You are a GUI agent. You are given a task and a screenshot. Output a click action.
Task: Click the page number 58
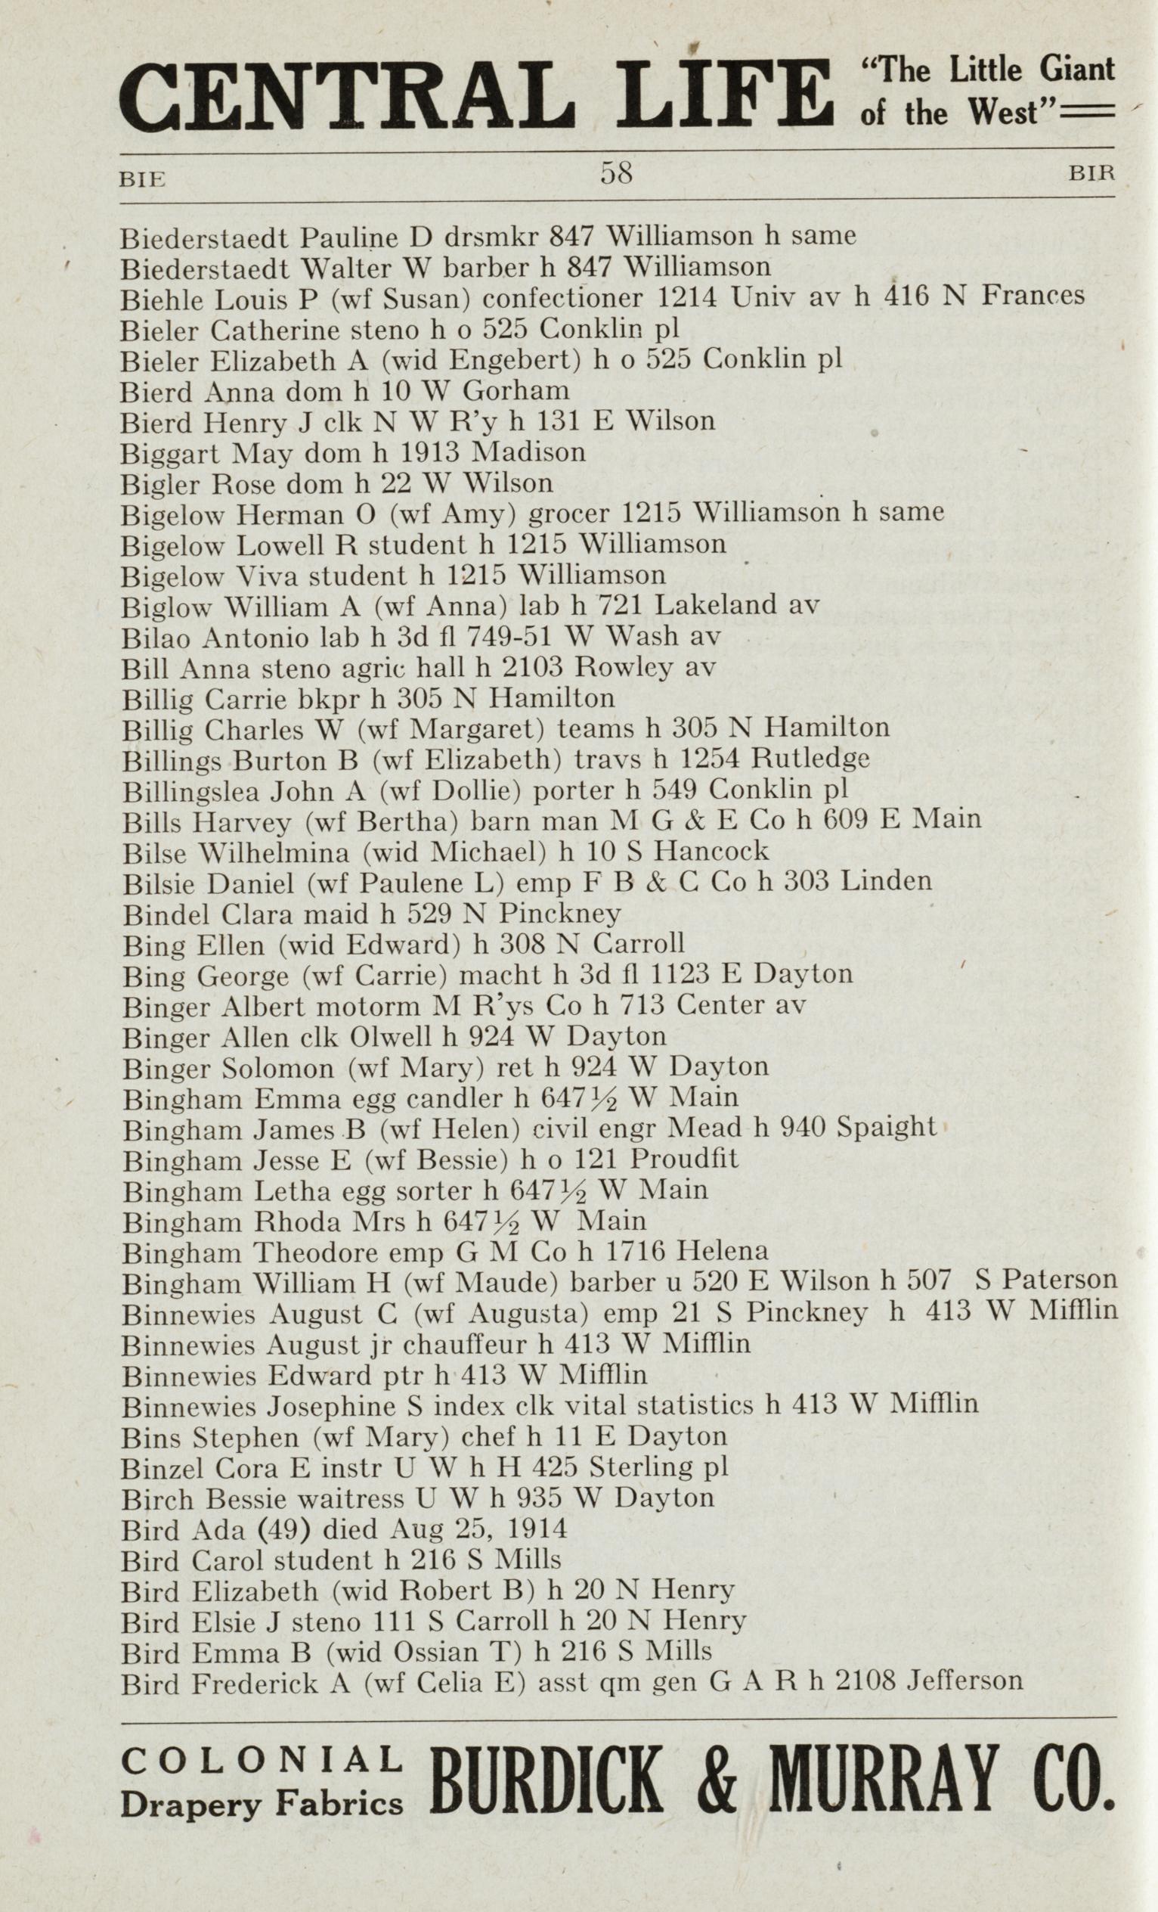click(617, 172)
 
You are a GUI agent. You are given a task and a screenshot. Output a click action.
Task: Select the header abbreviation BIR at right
click(1091, 174)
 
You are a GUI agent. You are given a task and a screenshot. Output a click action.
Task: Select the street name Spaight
click(887, 1127)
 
